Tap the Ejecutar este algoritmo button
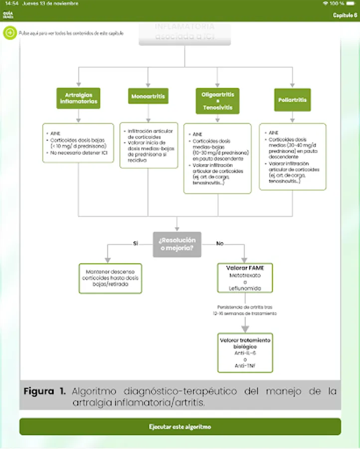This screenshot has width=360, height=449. pos(180,427)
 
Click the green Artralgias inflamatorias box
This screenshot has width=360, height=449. pos(79,98)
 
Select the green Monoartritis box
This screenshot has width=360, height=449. pos(148,96)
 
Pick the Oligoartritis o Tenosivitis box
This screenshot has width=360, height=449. pos(217,101)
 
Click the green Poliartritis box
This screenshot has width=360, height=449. pos(292,100)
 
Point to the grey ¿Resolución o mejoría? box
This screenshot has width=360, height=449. pos(177,244)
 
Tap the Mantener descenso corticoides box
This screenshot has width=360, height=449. pos(110,278)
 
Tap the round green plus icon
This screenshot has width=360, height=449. pos(10,33)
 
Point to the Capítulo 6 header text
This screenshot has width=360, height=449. pos(345,15)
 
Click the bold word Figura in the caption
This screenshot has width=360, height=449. pos(44,392)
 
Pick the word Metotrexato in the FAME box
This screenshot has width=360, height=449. pos(245,275)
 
